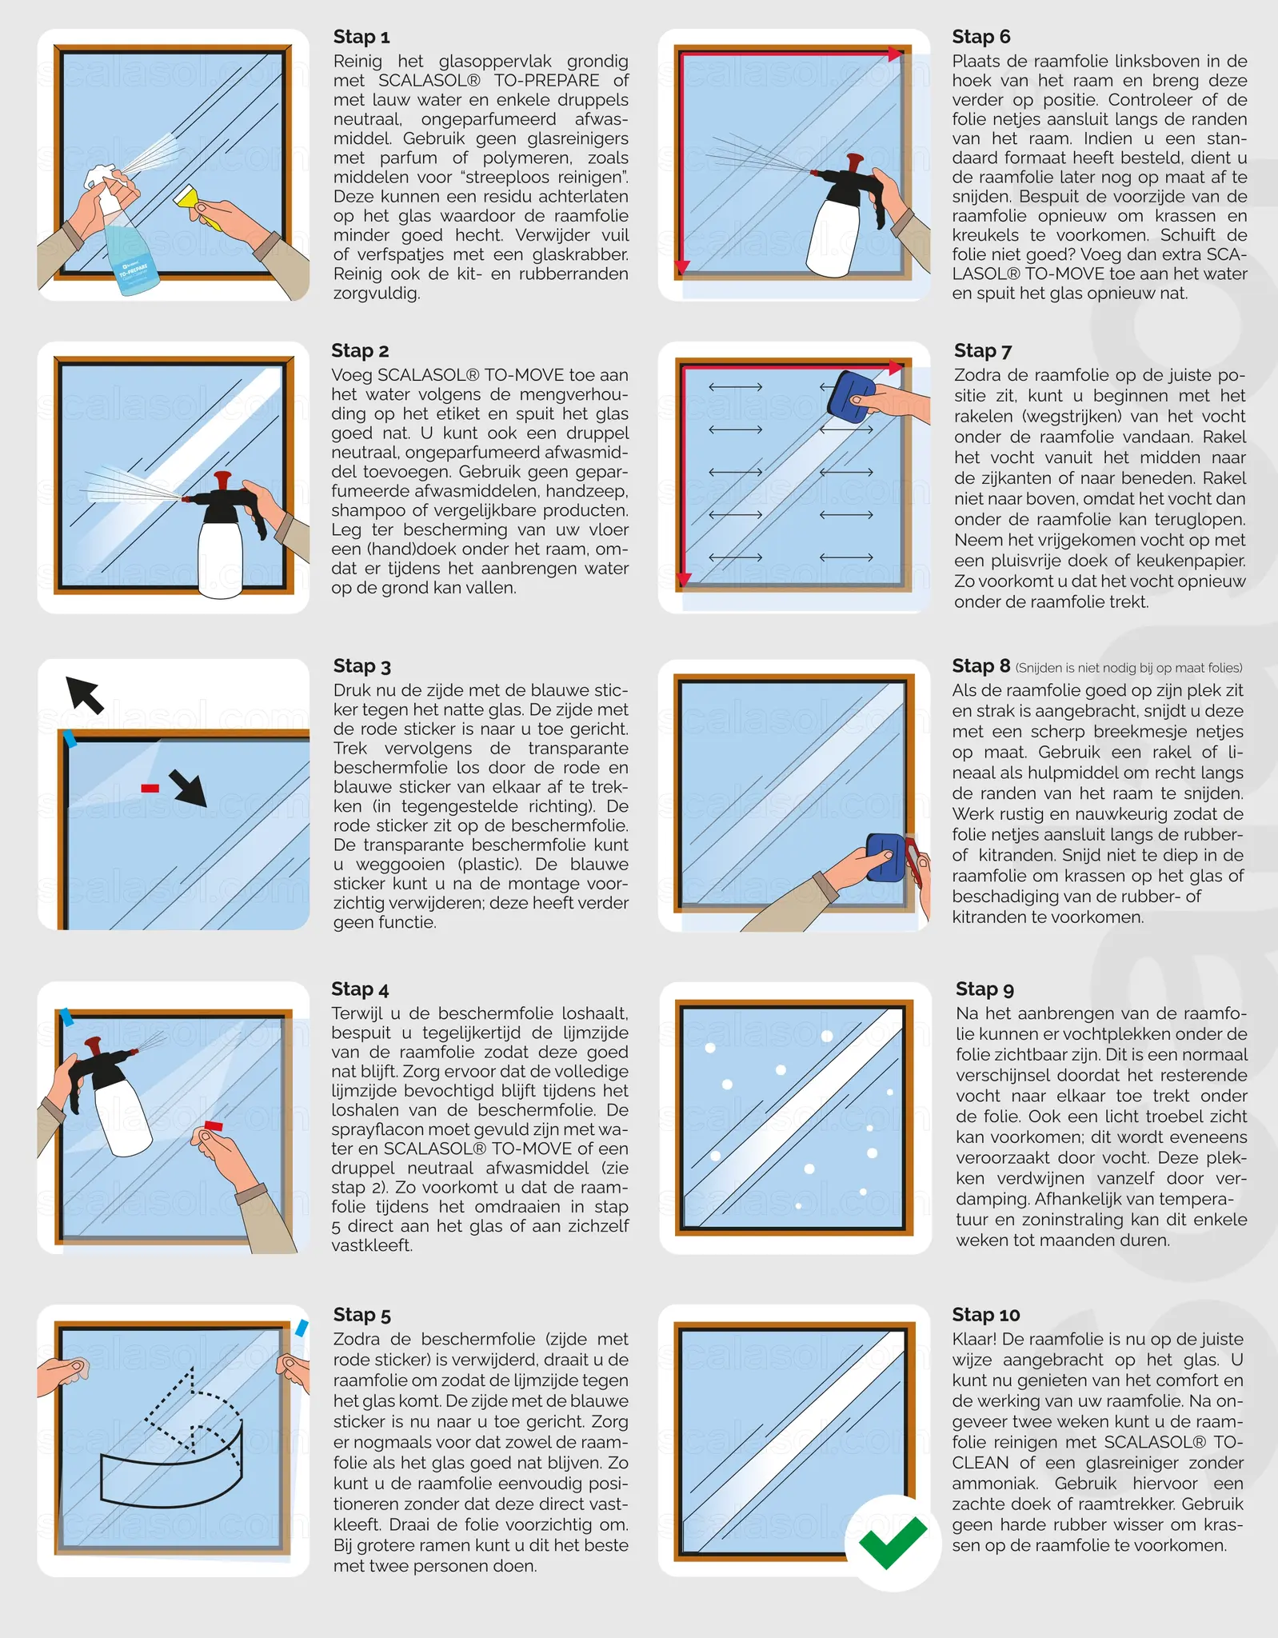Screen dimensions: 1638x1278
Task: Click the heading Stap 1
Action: click(x=361, y=37)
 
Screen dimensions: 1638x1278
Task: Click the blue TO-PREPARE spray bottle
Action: click(x=128, y=248)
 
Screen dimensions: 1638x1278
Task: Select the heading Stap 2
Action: click(x=360, y=350)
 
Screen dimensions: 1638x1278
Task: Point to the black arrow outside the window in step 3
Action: click(x=85, y=693)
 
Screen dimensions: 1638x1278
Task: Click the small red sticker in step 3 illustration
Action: click(x=150, y=789)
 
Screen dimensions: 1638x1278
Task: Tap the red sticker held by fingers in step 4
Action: click(x=213, y=1125)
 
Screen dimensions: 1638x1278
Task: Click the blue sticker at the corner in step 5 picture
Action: click(x=301, y=1328)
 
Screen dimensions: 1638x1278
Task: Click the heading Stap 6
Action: click(x=980, y=37)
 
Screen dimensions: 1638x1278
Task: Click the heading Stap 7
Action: click(x=982, y=350)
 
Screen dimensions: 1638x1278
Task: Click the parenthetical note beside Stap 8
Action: click(x=1128, y=668)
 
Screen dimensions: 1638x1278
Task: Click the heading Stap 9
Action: click(x=984, y=989)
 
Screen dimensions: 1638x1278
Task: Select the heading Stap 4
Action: click(x=360, y=989)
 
